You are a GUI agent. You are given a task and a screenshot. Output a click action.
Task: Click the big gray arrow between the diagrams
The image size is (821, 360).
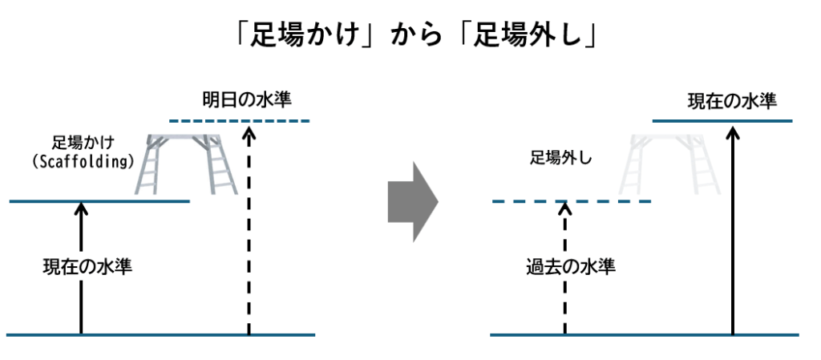click(412, 201)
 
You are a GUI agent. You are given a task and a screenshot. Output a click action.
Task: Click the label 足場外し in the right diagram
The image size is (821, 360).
click(560, 158)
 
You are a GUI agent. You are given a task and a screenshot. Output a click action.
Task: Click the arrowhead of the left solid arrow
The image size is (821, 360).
click(80, 208)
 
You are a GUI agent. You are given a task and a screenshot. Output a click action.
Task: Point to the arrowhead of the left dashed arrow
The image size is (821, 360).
click(249, 129)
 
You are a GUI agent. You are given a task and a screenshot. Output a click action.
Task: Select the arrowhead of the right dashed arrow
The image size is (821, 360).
click(565, 208)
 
